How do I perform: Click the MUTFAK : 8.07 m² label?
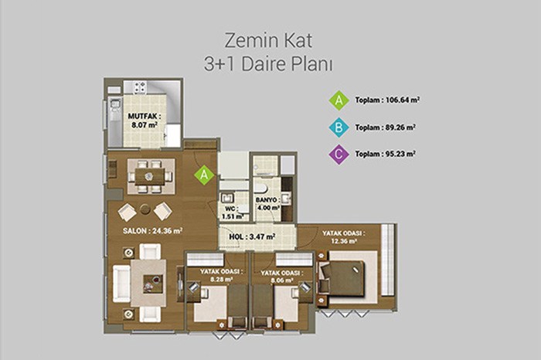pos(145,121)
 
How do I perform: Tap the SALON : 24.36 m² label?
pos(152,231)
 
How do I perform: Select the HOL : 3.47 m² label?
pos(252,237)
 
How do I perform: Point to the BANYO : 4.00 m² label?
pos(267,204)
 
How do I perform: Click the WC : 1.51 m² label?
pos(233,212)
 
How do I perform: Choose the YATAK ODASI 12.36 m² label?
pos(344,237)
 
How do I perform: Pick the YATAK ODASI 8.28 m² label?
pos(221,276)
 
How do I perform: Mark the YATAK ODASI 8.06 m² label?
pos(282,277)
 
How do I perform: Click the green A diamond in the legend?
pos(339,100)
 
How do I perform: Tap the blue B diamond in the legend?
pos(339,127)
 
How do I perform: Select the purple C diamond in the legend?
pos(339,155)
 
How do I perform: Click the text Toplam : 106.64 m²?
pos(387,100)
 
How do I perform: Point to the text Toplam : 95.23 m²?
pos(385,154)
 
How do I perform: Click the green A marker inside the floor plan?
pos(204,175)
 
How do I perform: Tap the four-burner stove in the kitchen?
pos(140,87)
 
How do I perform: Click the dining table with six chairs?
pos(150,177)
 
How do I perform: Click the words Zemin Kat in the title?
pos(268,41)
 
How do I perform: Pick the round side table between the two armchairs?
pos(145,209)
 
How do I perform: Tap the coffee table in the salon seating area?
pos(153,284)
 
